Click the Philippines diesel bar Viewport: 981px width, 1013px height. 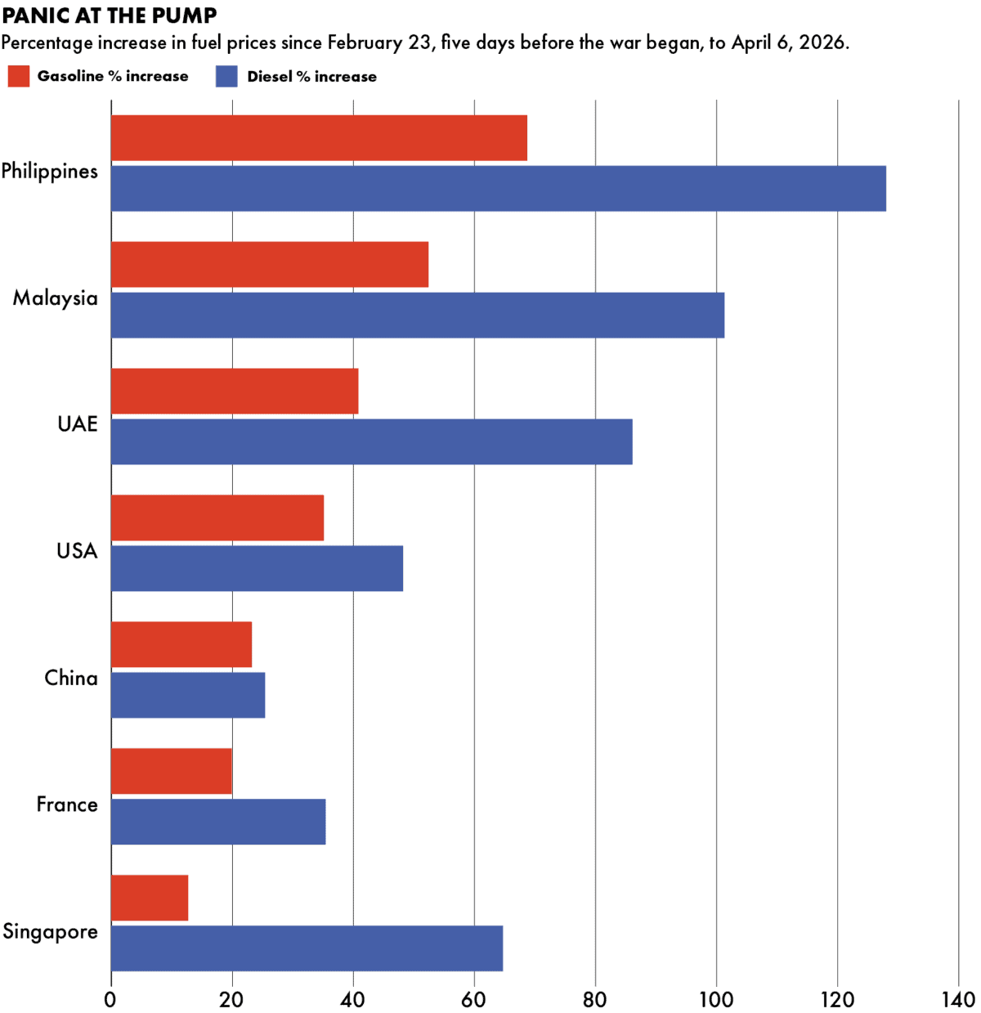tap(498, 189)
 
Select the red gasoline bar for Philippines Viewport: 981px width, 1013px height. tap(319, 138)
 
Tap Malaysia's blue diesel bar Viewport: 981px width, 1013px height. tap(417, 315)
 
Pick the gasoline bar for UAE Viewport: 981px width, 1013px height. tap(234, 391)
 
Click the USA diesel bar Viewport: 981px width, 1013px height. tap(257, 568)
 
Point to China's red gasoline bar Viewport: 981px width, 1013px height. tap(181, 644)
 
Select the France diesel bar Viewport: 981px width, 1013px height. tap(217, 822)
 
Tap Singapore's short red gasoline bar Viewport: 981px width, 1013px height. tap(149, 898)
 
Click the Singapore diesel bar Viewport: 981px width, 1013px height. tap(307, 948)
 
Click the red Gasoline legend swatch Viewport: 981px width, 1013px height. tap(19, 77)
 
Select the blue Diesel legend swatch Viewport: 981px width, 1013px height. tap(226, 77)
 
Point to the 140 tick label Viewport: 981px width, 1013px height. tap(958, 1000)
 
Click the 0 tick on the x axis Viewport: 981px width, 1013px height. tap(110, 1000)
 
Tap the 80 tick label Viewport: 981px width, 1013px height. tap(595, 1000)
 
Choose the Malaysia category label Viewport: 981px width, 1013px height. tap(55, 298)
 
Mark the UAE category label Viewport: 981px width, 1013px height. tap(77, 424)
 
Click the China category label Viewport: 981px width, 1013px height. tap(70, 678)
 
